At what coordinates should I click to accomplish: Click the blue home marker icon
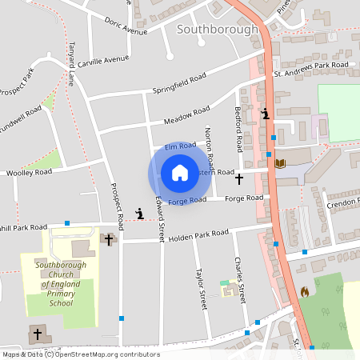(x=179, y=173)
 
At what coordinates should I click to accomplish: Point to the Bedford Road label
(x=238, y=129)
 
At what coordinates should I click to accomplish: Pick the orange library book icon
(x=280, y=163)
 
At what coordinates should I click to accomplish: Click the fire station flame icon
(x=304, y=292)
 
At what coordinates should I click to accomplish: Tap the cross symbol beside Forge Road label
(x=238, y=181)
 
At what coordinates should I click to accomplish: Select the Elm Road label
(x=180, y=147)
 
